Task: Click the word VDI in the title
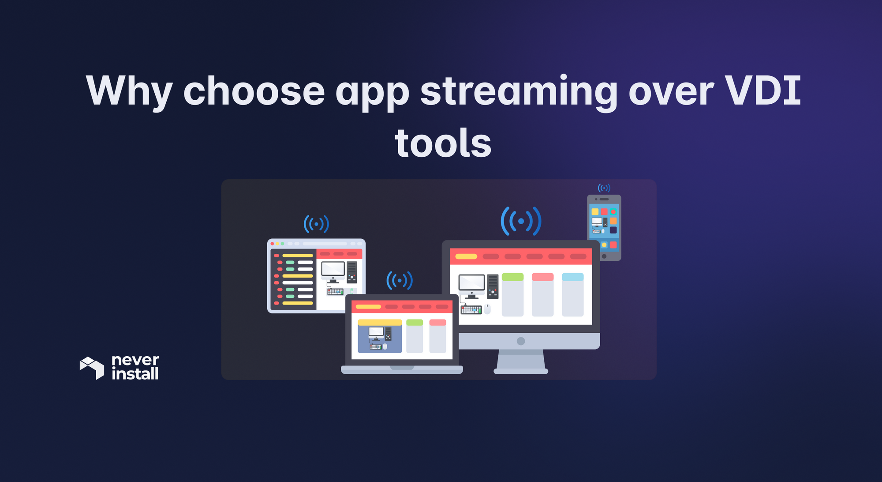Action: tap(763, 91)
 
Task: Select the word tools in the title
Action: tap(443, 143)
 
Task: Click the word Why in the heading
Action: tap(129, 92)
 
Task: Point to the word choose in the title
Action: tap(254, 91)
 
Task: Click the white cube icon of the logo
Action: tap(92, 368)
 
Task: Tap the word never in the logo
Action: tap(135, 360)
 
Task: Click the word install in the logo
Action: tap(135, 374)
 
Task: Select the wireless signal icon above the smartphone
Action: tap(604, 188)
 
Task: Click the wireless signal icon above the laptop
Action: tap(400, 280)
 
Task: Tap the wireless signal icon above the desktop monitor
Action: tap(521, 221)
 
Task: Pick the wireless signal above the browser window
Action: tap(316, 224)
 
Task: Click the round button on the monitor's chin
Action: tap(521, 341)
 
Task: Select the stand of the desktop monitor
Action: tap(521, 361)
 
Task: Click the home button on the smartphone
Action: tap(604, 256)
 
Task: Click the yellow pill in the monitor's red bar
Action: tap(466, 256)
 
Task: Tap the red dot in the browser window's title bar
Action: tap(272, 244)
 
